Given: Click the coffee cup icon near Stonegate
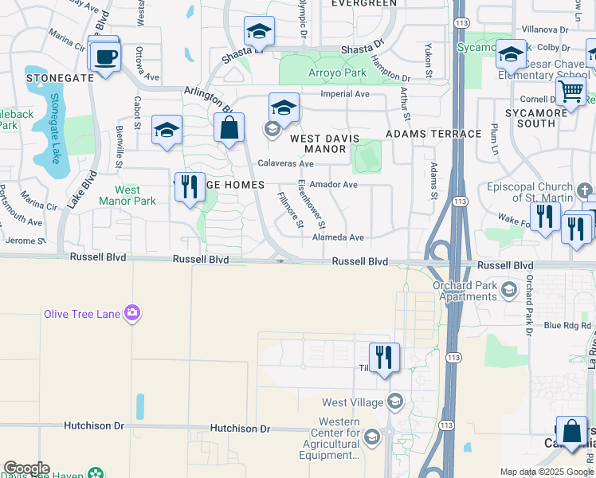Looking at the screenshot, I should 105,57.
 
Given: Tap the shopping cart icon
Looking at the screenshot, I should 571,92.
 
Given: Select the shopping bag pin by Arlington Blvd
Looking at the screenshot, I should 229,127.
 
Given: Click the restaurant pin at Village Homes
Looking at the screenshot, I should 190,187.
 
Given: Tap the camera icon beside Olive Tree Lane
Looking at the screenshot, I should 132,313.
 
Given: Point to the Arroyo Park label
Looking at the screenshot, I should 337,73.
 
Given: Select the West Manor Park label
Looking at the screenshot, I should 127,195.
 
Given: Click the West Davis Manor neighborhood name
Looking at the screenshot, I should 329,143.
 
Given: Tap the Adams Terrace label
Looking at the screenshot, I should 433,134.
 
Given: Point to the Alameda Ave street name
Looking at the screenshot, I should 338,237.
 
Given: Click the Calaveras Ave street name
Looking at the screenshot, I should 285,163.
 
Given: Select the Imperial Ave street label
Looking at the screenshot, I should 345,94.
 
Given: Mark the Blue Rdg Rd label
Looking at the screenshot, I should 567,325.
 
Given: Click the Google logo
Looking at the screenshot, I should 26,468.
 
